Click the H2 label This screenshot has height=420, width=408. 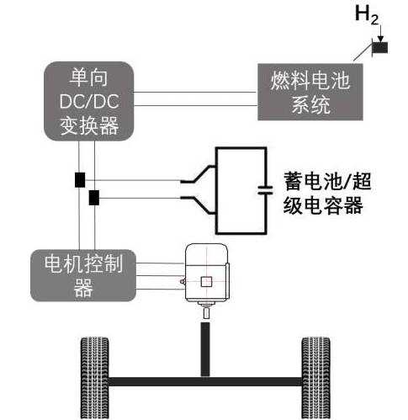click(x=367, y=15)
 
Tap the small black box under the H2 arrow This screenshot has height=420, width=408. click(x=380, y=47)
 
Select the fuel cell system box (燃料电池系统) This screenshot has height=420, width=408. click(x=310, y=92)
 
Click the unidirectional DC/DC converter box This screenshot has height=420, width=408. click(x=89, y=101)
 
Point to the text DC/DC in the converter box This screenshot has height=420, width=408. click(x=89, y=101)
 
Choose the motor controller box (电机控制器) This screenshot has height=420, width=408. click(x=83, y=275)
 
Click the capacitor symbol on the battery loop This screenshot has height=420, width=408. click(x=265, y=190)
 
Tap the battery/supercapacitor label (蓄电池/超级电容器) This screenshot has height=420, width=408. click(x=327, y=194)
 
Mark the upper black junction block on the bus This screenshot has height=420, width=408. click(x=80, y=180)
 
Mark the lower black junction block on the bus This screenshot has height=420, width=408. click(x=94, y=198)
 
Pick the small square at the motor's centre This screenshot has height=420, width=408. click(x=206, y=282)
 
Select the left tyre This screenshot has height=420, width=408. click(x=95, y=378)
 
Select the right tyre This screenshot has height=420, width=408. click(x=316, y=378)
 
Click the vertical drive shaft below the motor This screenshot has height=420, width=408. click(x=205, y=349)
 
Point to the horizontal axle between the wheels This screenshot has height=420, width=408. click(x=205, y=381)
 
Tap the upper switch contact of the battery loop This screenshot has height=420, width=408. click(x=198, y=174)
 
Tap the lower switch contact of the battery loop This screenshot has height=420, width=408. click(x=198, y=205)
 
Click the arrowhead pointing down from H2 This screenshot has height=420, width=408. click(x=380, y=39)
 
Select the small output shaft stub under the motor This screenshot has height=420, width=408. click(x=206, y=313)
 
